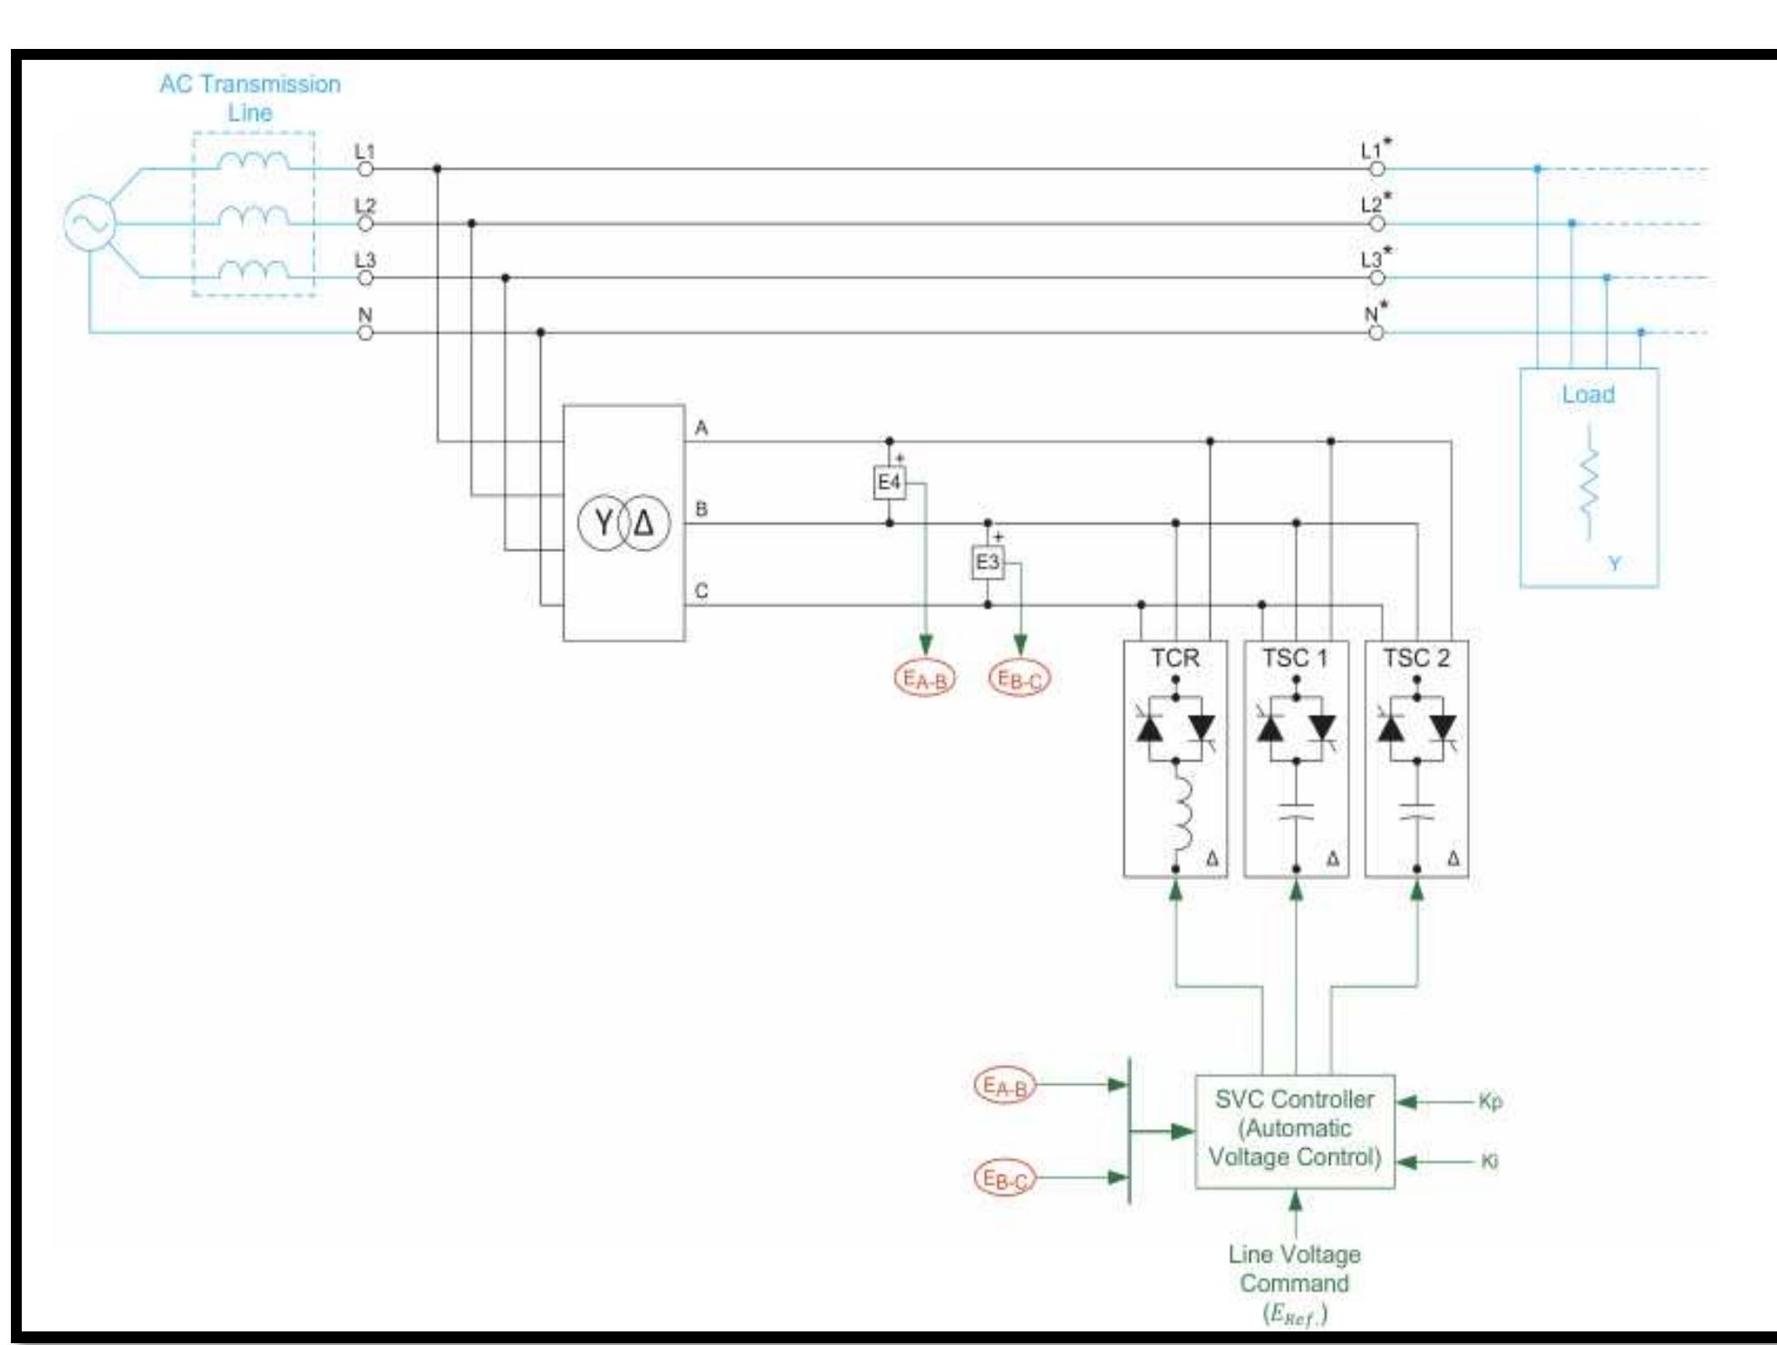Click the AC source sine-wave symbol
(89, 223)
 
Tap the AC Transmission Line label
(250, 98)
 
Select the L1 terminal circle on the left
(365, 169)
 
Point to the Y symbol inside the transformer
(604, 523)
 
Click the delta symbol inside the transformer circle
(643, 523)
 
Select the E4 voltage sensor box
(889, 482)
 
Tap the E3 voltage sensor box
(987, 563)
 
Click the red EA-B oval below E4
(924, 679)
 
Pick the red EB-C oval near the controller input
(1005, 1178)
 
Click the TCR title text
(1174, 658)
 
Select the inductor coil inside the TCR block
(1181, 812)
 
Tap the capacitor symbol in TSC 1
(1296, 810)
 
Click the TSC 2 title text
(1415, 658)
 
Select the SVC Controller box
(1294, 1130)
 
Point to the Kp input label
(1490, 1101)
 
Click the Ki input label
(1489, 1161)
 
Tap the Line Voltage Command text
(1294, 1269)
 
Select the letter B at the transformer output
(700, 509)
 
